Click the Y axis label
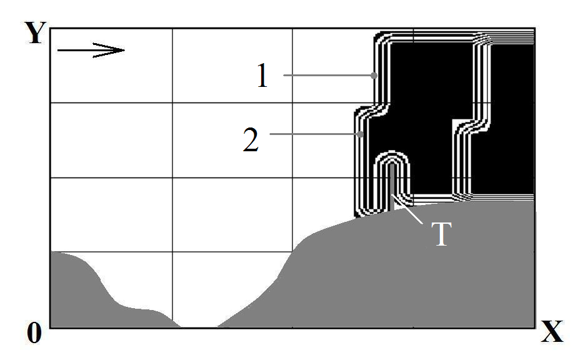(36, 32)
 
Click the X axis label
(552, 331)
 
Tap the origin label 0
(34, 333)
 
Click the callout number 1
(262, 76)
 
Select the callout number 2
(251, 139)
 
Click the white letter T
(442, 234)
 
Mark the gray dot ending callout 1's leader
(374, 76)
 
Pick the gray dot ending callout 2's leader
(361, 134)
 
